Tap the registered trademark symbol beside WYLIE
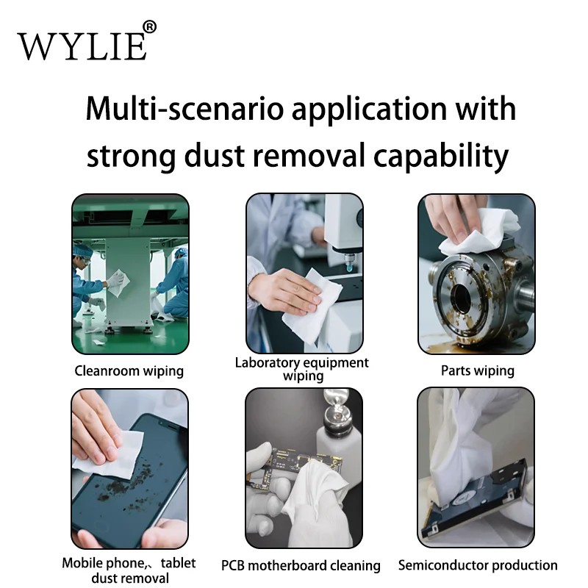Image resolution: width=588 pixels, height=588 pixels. click(149, 27)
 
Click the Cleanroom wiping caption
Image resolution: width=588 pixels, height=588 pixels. click(129, 370)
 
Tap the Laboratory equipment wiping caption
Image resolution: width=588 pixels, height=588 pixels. click(302, 369)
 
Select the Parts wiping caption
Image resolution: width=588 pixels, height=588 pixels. click(477, 370)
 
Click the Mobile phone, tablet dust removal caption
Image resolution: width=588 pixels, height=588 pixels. click(129, 571)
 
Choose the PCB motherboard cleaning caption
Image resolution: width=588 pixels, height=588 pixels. click(301, 565)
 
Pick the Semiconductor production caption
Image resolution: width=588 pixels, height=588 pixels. click(478, 565)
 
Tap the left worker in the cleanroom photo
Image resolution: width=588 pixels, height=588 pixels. click(87, 283)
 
